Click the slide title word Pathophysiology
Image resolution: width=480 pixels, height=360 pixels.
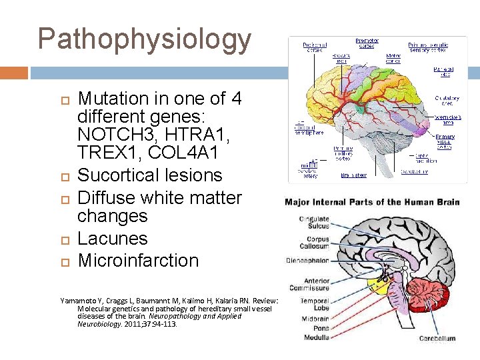pos(145,40)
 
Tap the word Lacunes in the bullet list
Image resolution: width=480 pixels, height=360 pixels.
pos(113,239)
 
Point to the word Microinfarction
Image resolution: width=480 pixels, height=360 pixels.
pos(139,261)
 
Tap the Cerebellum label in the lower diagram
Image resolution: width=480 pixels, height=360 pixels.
pos(437,338)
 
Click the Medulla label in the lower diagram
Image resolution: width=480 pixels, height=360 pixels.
pos(316,337)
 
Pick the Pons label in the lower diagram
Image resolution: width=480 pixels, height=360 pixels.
pos(320,328)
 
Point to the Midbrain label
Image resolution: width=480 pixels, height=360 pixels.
pos(315,319)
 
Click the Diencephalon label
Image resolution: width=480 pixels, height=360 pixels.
pos(307,260)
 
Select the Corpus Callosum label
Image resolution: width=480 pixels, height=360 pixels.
pos(317,243)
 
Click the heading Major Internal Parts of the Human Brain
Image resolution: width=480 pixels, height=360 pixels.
pos(371,202)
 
